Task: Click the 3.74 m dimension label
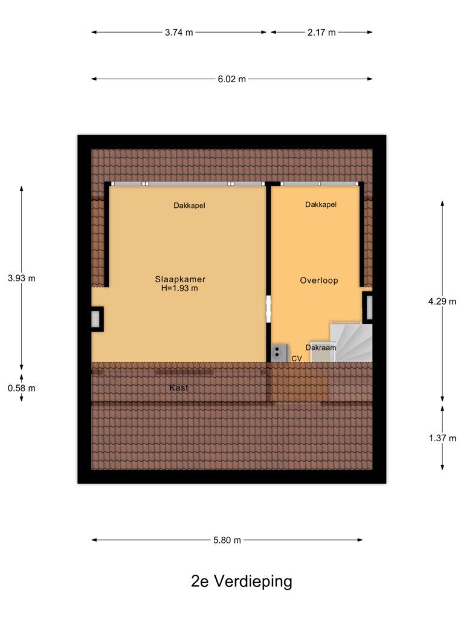(179, 33)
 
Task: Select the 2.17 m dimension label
(321, 33)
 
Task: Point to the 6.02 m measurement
(231, 79)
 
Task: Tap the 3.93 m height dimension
(22, 278)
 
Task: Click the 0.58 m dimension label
(22, 388)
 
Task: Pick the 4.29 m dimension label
(442, 302)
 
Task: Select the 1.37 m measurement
(442, 438)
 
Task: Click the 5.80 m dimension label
(227, 540)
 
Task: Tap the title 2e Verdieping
(242, 581)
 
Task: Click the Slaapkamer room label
(180, 279)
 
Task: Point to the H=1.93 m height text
(179, 288)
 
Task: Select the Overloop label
(319, 280)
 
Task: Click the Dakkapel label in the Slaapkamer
(189, 206)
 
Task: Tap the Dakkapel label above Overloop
(321, 204)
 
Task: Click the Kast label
(179, 387)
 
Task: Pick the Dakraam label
(321, 348)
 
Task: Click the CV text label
(297, 358)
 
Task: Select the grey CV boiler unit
(279, 353)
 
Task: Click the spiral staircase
(351, 342)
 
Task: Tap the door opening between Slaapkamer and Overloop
(269, 309)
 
